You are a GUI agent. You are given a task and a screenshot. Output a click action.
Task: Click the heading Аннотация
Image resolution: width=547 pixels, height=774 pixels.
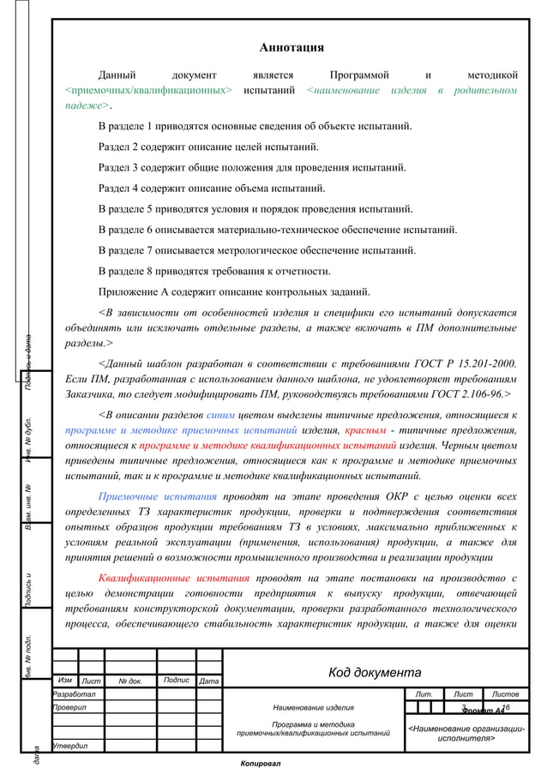point(292,47)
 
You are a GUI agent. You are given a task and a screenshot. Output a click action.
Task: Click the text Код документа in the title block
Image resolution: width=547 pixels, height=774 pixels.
point(375,673)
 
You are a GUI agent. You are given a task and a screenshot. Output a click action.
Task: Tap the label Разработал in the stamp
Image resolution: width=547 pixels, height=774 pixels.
point(75,693)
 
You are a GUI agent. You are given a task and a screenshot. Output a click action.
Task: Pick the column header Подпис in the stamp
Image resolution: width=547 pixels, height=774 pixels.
point(176,681)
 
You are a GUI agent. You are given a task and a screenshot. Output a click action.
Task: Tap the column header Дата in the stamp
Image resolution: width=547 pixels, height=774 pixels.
point(208,681)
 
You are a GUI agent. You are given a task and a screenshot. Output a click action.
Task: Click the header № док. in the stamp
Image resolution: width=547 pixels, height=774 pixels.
point(130,681)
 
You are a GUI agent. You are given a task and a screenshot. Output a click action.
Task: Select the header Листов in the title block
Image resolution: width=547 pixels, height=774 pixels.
point(507,693)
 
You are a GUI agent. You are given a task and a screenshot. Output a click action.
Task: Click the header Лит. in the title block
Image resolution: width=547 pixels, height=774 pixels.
point(423,693)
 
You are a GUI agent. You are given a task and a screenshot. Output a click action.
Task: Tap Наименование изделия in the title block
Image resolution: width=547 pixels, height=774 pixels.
point(313,708)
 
